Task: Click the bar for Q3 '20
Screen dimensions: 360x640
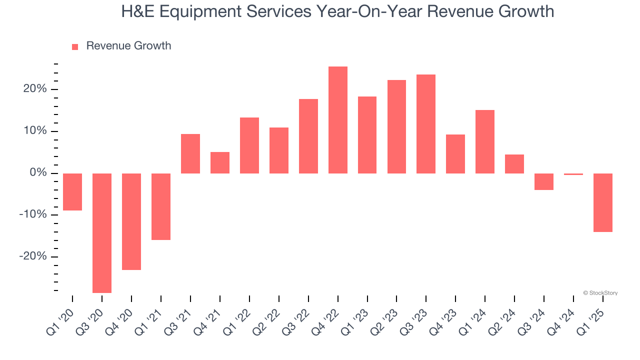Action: click(x=102, y=233)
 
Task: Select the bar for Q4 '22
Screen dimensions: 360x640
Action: click(x=338, y=120)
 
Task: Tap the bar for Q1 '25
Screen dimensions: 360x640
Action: click(x=603, y=202)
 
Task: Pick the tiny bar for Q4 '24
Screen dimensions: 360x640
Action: click(x=573, y=174)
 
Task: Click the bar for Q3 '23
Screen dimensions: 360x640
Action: click(x=426, y=124)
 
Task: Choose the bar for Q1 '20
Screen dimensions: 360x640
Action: click(x=72, y=192)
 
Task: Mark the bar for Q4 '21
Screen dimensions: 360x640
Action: click(x=220, y=162)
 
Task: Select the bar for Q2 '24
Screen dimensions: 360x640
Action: click(x=514, y=164)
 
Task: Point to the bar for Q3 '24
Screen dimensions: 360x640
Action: click(x=544, y=181)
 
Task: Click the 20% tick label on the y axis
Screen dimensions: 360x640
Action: click(x=34, y=89)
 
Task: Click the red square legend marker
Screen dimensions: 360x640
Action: click(x=75, y=46)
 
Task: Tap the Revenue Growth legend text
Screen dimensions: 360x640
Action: click(x=128, y=46)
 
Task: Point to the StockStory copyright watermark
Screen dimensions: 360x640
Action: click(x=600, y=293)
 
